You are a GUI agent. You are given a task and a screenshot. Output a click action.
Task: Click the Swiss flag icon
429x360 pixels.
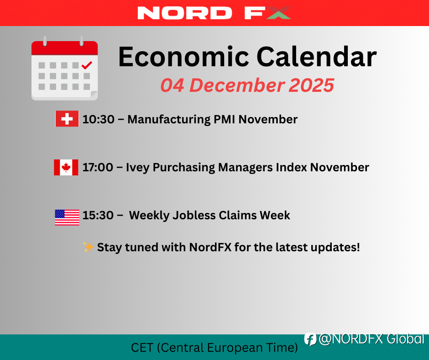click(67, 119)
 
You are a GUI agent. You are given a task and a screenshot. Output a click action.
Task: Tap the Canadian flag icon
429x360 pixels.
click(66, 167)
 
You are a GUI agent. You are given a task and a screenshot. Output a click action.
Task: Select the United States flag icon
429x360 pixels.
click(67, 217)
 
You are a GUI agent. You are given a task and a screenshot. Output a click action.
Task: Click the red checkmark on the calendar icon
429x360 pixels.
click(87, 65)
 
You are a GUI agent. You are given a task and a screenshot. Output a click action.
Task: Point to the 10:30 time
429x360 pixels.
click(99, 119)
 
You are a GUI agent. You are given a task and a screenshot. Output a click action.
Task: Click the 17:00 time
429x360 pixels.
click(98, 167)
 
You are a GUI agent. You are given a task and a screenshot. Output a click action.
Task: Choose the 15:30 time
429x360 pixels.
click(98, 215)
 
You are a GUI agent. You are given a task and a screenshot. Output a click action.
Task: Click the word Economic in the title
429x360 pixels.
click(183, 57)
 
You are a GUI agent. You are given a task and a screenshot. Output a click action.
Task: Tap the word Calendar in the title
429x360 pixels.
click(317, 57)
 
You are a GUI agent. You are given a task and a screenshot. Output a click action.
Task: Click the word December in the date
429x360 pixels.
click(237, 85)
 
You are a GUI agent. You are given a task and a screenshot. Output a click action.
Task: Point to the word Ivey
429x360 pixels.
click(138, 168)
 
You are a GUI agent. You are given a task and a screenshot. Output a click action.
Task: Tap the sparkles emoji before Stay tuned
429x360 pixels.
click(88, 247)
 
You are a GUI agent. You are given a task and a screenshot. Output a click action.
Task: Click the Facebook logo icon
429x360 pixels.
click(310, 339)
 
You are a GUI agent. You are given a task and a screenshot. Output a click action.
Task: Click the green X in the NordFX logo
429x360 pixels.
click(278, 13)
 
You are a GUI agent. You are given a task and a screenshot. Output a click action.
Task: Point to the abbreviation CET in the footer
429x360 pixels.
click(142, 348)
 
